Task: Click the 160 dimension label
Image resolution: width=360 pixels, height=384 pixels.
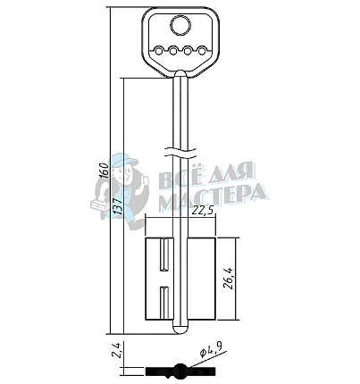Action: click(x=105, y=171)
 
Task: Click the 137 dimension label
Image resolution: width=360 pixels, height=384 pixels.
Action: click(x=118, y=206)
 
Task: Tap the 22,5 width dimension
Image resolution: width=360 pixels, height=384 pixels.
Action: click(x=202, y=211)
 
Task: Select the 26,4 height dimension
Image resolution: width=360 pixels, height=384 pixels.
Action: click(x=229, y=279)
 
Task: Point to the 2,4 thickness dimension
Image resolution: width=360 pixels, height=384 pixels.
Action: click(x=116, y=350)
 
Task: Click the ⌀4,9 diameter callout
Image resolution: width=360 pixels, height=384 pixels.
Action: click(x=212, y=350)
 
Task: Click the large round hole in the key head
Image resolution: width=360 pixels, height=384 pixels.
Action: click(x=180, y=25)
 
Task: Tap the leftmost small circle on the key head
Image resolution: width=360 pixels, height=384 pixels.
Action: click(x=159, y=51)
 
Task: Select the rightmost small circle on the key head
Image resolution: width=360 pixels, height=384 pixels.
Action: click(x=202, y=51)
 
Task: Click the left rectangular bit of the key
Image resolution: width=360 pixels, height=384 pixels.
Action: click(x=159, y=279)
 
